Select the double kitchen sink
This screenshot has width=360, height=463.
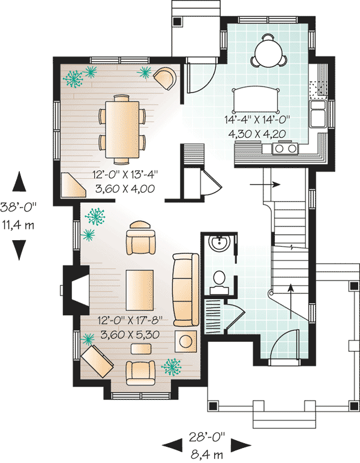tap(317, 113)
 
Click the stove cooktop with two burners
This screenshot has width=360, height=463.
tap(285, 148)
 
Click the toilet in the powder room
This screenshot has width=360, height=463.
tap(220, 279)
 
